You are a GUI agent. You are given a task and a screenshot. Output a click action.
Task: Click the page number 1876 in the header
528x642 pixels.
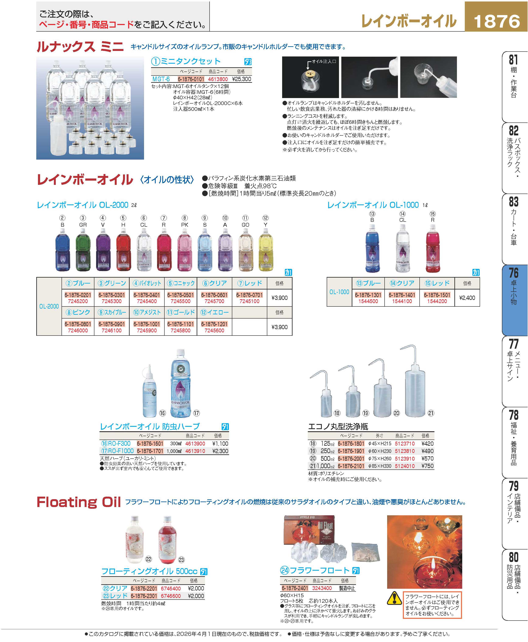pyautogui.click(x=496, y=21)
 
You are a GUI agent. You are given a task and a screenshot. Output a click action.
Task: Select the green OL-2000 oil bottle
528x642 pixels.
pyautogui.click(x=83, y=250)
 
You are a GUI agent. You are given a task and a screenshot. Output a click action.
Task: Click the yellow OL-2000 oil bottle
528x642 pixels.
pyautogui.click(x=266, y=250)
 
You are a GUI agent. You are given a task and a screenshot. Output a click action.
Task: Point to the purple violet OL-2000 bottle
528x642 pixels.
pyautogui.click(x=103, y=250)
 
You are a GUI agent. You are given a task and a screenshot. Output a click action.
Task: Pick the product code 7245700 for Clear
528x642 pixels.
pyautogui.click(x=214, y=301)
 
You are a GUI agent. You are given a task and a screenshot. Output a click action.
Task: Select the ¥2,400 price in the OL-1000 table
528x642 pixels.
pyautogui.click(x=467, y=298)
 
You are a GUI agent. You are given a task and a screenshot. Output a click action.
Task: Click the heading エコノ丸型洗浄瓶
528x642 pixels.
pyautogui.click(x=338, y=427)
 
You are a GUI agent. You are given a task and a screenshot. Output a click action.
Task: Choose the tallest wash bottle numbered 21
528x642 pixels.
pyautogui.click(x=415, y=386)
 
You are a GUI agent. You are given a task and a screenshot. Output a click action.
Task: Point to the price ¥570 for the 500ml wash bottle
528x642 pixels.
pyautogui.click(x=427, y=459)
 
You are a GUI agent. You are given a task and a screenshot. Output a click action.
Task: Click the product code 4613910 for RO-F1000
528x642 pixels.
pyautogui.click(x=195, y=451)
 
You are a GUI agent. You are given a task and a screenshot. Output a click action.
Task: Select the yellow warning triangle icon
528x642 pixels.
pyautogui.click(x=394, y=598)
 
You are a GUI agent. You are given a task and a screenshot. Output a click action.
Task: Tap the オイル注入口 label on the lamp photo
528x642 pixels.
pyautogui.click(x=324, y=62)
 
